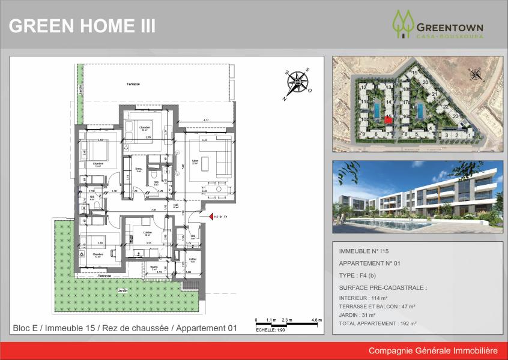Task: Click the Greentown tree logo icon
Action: [403, 24]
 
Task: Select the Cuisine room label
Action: [147, 232]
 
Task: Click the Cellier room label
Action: [193, 259]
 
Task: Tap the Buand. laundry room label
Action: [154, 267]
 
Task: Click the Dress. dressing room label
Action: [138, 169]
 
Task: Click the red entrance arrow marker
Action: [210, 217]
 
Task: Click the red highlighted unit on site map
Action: [389, 120]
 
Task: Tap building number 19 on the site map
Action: [414, 73]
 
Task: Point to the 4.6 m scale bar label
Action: [317, 320]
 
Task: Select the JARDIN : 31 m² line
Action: [358, 315]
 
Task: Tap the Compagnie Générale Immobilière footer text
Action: [433, 350]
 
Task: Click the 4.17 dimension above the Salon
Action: [207, 121]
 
